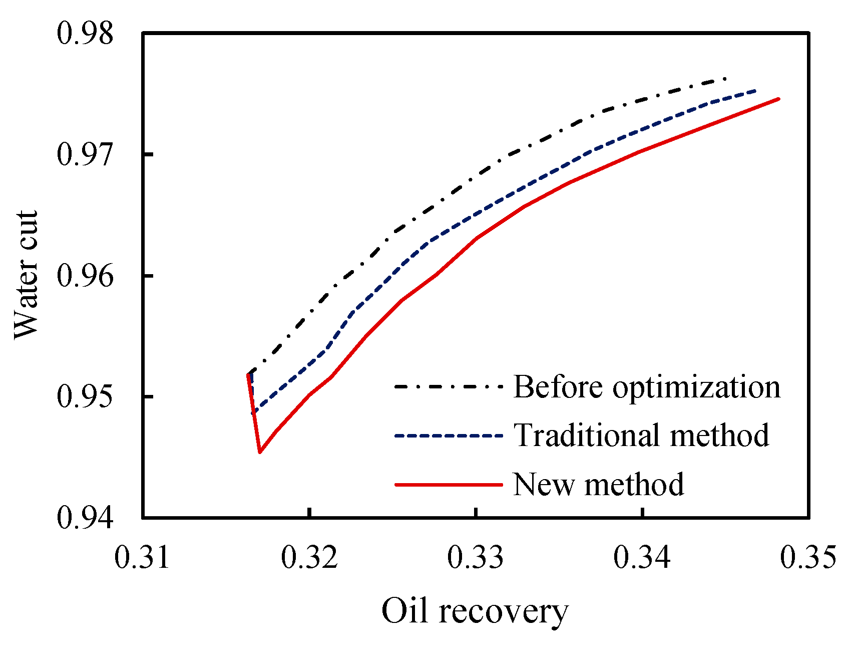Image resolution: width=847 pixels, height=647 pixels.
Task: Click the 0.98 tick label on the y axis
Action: [x=85, y=34]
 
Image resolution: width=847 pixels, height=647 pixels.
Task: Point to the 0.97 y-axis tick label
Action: [x=85, y=154]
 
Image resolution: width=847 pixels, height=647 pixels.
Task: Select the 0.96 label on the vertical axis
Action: [x=85, y=276]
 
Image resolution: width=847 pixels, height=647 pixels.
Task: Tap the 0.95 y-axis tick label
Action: [x=85, y=396]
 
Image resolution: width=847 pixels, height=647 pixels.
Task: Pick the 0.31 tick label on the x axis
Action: [x=143, y=558]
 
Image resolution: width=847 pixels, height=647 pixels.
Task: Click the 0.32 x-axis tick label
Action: [x=309, y=558]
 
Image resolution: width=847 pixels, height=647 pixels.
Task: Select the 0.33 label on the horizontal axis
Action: [x=476, y=558]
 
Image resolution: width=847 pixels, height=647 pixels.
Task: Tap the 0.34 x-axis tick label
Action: [x=642, y=558]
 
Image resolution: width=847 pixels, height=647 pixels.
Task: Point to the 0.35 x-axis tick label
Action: [x=808, y=558]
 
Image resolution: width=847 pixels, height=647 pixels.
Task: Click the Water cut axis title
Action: [x=26, y=275]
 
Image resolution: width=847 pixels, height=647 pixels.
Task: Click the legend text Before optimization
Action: [x=647, y=387]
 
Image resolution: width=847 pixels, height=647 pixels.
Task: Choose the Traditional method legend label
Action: [x=641, y=435]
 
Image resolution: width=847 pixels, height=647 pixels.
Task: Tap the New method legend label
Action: [x=599, y=485]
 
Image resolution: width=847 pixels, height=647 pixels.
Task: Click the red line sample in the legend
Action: [x=448, y=485]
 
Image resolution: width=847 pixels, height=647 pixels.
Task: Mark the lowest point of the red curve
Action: [x=260, y=453]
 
